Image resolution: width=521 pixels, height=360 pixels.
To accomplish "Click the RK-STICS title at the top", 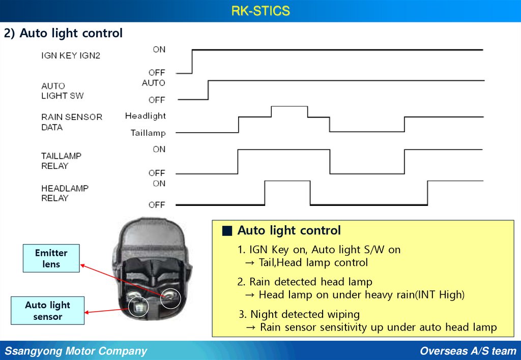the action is click(x=260, y=11).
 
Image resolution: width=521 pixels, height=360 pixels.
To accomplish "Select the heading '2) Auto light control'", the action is click(x=64, y=34).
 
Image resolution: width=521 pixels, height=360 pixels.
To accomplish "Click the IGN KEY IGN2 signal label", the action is click(x=71, y=55).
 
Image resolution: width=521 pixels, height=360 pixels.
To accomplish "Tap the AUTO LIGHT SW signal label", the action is click(x=63, y=91).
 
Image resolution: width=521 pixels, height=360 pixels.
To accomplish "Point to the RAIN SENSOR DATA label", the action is click(x=71, y=122).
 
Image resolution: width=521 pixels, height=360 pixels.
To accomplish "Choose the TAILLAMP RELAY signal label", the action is click(x=61, y=161).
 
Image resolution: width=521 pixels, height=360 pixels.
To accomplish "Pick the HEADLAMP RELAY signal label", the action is click(x=65, y=193).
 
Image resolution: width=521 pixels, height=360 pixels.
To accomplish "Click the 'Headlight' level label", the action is click(x=146, y=116).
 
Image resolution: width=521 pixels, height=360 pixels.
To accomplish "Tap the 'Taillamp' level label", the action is click(x=148, y=133).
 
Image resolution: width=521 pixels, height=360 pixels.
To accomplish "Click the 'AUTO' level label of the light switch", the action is click(x=153, y=83).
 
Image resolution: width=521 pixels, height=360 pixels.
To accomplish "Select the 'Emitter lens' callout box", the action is click(x=51, y=258).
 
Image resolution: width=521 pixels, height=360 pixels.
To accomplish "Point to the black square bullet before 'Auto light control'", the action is click(x=227, y=231).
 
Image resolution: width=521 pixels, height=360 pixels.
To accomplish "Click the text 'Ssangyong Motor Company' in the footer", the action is click(x=76, y=351).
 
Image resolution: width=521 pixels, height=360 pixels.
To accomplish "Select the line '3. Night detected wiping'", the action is click(x=299, y=314).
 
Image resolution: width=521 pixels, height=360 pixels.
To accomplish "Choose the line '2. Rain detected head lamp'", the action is click(x=305, y=282).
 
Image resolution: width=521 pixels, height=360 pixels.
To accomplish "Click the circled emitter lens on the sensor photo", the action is click(x=170, y=298).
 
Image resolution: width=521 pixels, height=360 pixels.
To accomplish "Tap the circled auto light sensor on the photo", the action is click(x=138, y=307).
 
